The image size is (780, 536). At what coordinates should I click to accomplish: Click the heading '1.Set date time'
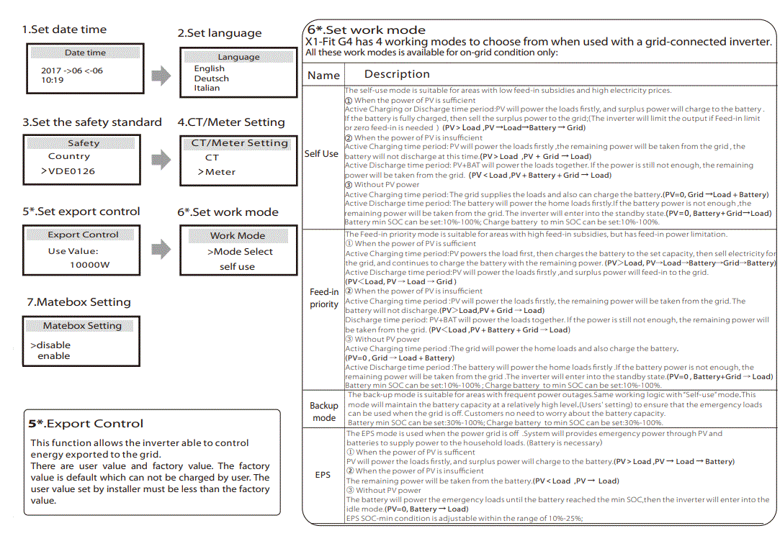click(x=64, y=29)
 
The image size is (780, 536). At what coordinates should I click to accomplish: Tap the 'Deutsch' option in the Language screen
click(x=211, y=78)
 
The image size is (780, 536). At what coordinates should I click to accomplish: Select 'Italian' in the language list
click(x=207, y=88)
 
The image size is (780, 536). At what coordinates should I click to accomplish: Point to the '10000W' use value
click(x=90, y=265)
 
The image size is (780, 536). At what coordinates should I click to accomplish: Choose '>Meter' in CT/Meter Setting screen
click(x=217, y=172)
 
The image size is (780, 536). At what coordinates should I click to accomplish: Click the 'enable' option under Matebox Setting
click(x=54, y=355)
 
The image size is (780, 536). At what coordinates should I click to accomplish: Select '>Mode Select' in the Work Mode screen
click(x=240, y=252)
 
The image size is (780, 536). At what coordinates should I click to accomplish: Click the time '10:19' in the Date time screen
click(x=53, y=80)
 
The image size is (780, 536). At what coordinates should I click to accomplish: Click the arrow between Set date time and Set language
click(x=161, y=75)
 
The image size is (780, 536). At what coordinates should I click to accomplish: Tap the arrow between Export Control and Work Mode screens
click(x=161, y=249)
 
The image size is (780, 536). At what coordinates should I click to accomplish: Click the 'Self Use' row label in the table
click(x=321, y=154)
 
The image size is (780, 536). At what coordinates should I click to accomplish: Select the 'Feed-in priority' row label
click(x=324, y=298)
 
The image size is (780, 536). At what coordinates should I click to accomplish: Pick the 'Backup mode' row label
click(x=324, y=412)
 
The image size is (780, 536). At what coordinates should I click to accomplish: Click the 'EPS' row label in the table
click(x=323, y=475)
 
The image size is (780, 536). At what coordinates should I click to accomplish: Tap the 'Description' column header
click(x=397, y=74)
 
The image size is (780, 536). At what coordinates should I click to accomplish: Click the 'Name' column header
click(x=323, y=75)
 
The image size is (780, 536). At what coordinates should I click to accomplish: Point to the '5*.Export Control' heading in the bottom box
click(x=86, y=423)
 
